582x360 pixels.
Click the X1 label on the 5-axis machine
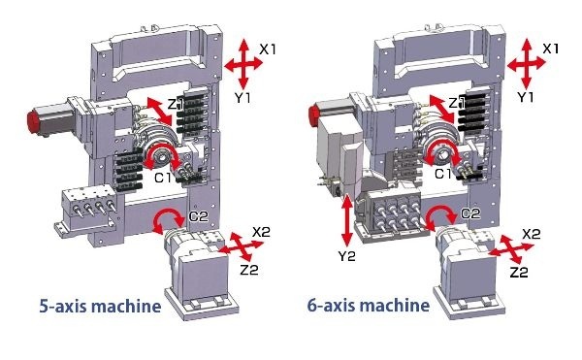point(268,49)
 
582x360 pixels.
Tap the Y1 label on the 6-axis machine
point(526,97)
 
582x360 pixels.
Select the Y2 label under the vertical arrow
point(346,256)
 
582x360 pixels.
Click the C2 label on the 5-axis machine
point(199,216)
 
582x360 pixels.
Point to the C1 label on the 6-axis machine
point(443,174)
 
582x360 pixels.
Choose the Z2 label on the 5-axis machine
point(248,270)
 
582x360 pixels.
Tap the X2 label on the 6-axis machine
point(532,234)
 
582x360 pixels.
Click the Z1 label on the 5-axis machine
point(176,104)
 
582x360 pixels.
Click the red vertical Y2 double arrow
point(347,220)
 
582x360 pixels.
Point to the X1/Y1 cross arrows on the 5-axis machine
point(243,63)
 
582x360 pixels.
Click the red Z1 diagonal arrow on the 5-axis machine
point(160,112)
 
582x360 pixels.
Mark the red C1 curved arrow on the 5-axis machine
point(161,147)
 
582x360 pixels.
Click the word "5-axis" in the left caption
point(63,307)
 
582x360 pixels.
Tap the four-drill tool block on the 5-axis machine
point(89,207)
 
